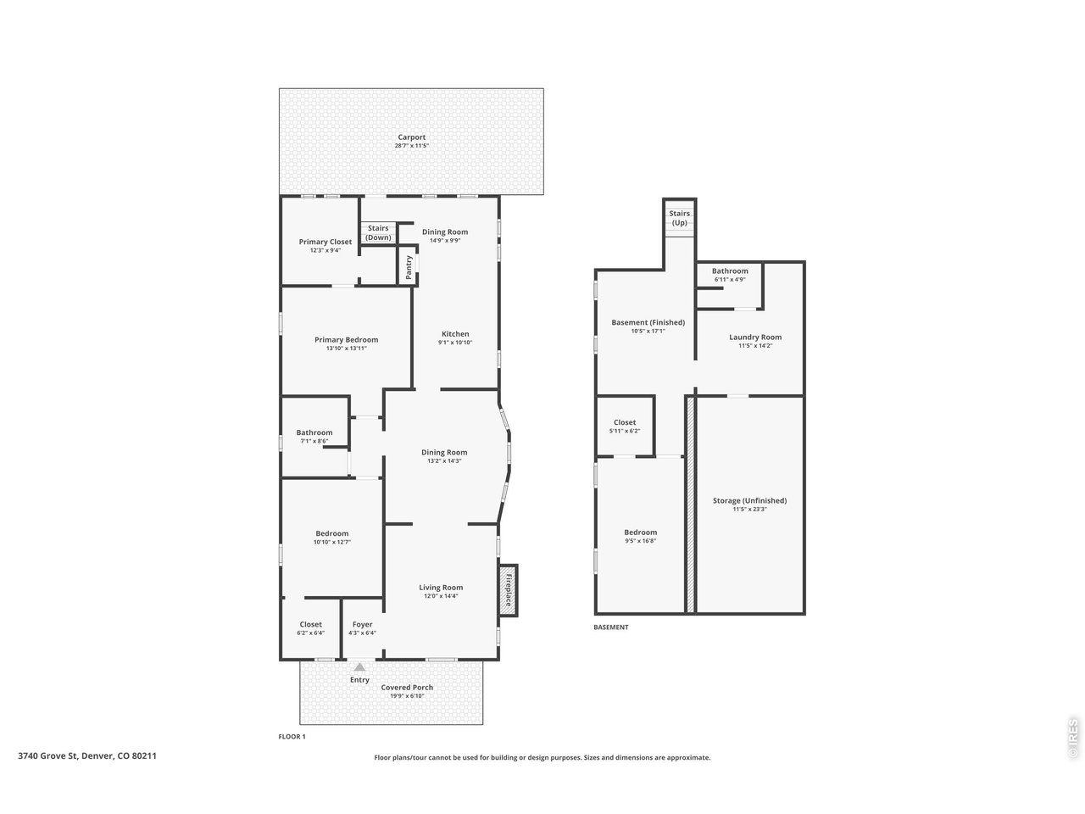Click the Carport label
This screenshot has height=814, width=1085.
click(x=411, y=137)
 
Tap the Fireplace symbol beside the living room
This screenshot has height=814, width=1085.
click(x=509, y=588)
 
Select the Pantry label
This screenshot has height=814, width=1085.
click(x=409, y=267)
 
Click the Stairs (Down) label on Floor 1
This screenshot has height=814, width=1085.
click(x=378, y=232)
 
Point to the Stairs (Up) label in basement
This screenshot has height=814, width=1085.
click(x=679, y=218)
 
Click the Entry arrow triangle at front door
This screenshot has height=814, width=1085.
click(x=359, y=667)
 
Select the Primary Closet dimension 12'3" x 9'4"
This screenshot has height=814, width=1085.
click(x=325, y=250)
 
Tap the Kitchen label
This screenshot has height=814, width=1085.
click(x=454, y=333)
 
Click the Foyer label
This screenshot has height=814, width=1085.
click(x=362, y=624)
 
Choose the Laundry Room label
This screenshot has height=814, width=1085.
click(x=754, y=337)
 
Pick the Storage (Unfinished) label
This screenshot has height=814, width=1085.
click(x=749, y=500)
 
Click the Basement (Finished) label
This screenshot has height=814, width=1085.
click(x=648, y=322)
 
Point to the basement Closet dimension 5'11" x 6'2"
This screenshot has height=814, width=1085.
click(x=624, y=431)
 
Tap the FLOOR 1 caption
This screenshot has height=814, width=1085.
click(x=292, y=736)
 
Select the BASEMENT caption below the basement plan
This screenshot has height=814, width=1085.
click(x=610, y=627)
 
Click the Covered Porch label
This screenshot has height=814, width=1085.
click(x=407, y=688)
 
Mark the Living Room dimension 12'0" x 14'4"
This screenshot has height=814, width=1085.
click(x=441, y=596)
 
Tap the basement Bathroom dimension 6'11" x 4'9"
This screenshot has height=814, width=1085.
click(x=729, y=279)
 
